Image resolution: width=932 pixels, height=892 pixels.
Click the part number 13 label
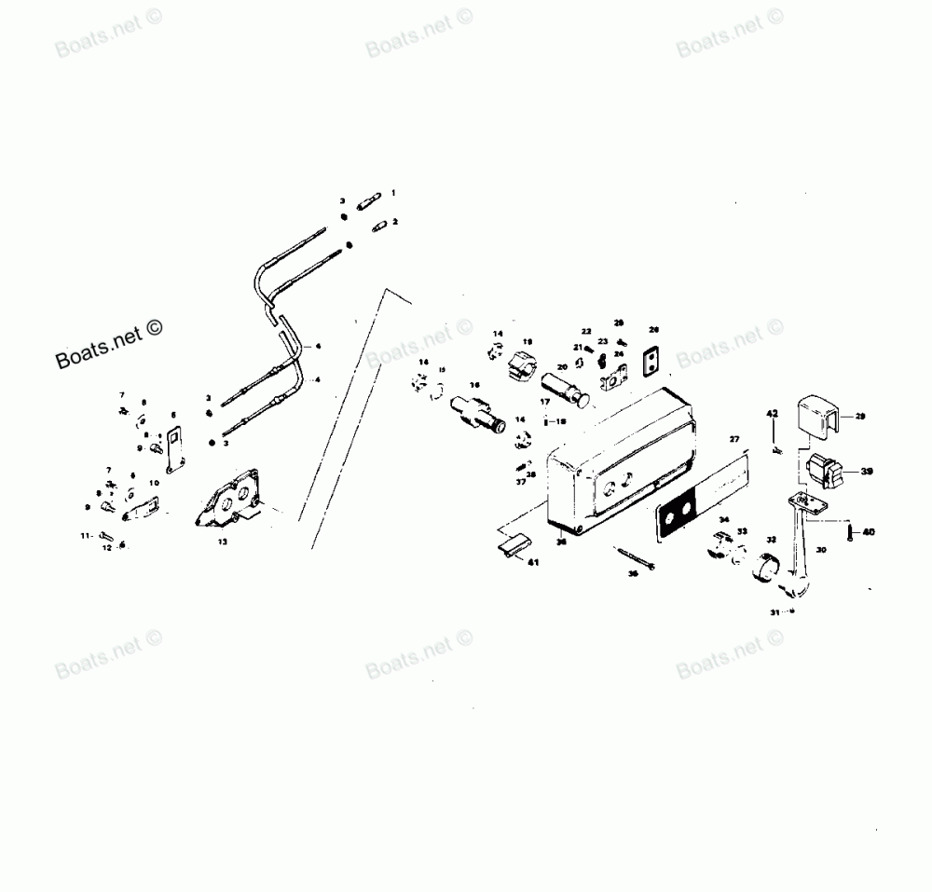click(x=222, y=541)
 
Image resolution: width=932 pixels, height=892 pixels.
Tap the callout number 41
click(x=533, y=562)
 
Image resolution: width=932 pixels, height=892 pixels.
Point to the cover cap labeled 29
click(x=818, y=415)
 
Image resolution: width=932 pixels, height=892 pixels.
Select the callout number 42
click(x=772, y=412)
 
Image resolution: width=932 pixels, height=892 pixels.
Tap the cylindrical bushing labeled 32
click(x=770, y=566)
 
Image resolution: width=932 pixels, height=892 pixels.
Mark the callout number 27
click(x=733, y=439)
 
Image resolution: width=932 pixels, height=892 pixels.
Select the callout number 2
click(x=395, y=222)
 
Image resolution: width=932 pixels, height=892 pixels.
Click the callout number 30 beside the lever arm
click(x=821, y=550)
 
